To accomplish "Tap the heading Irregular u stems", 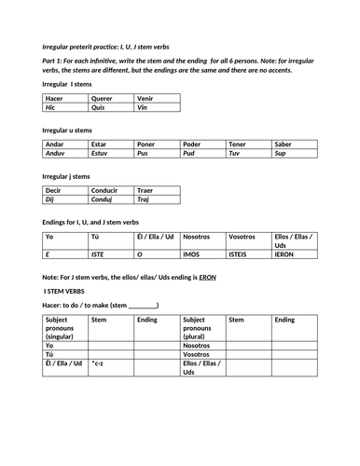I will click(68, 130).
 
